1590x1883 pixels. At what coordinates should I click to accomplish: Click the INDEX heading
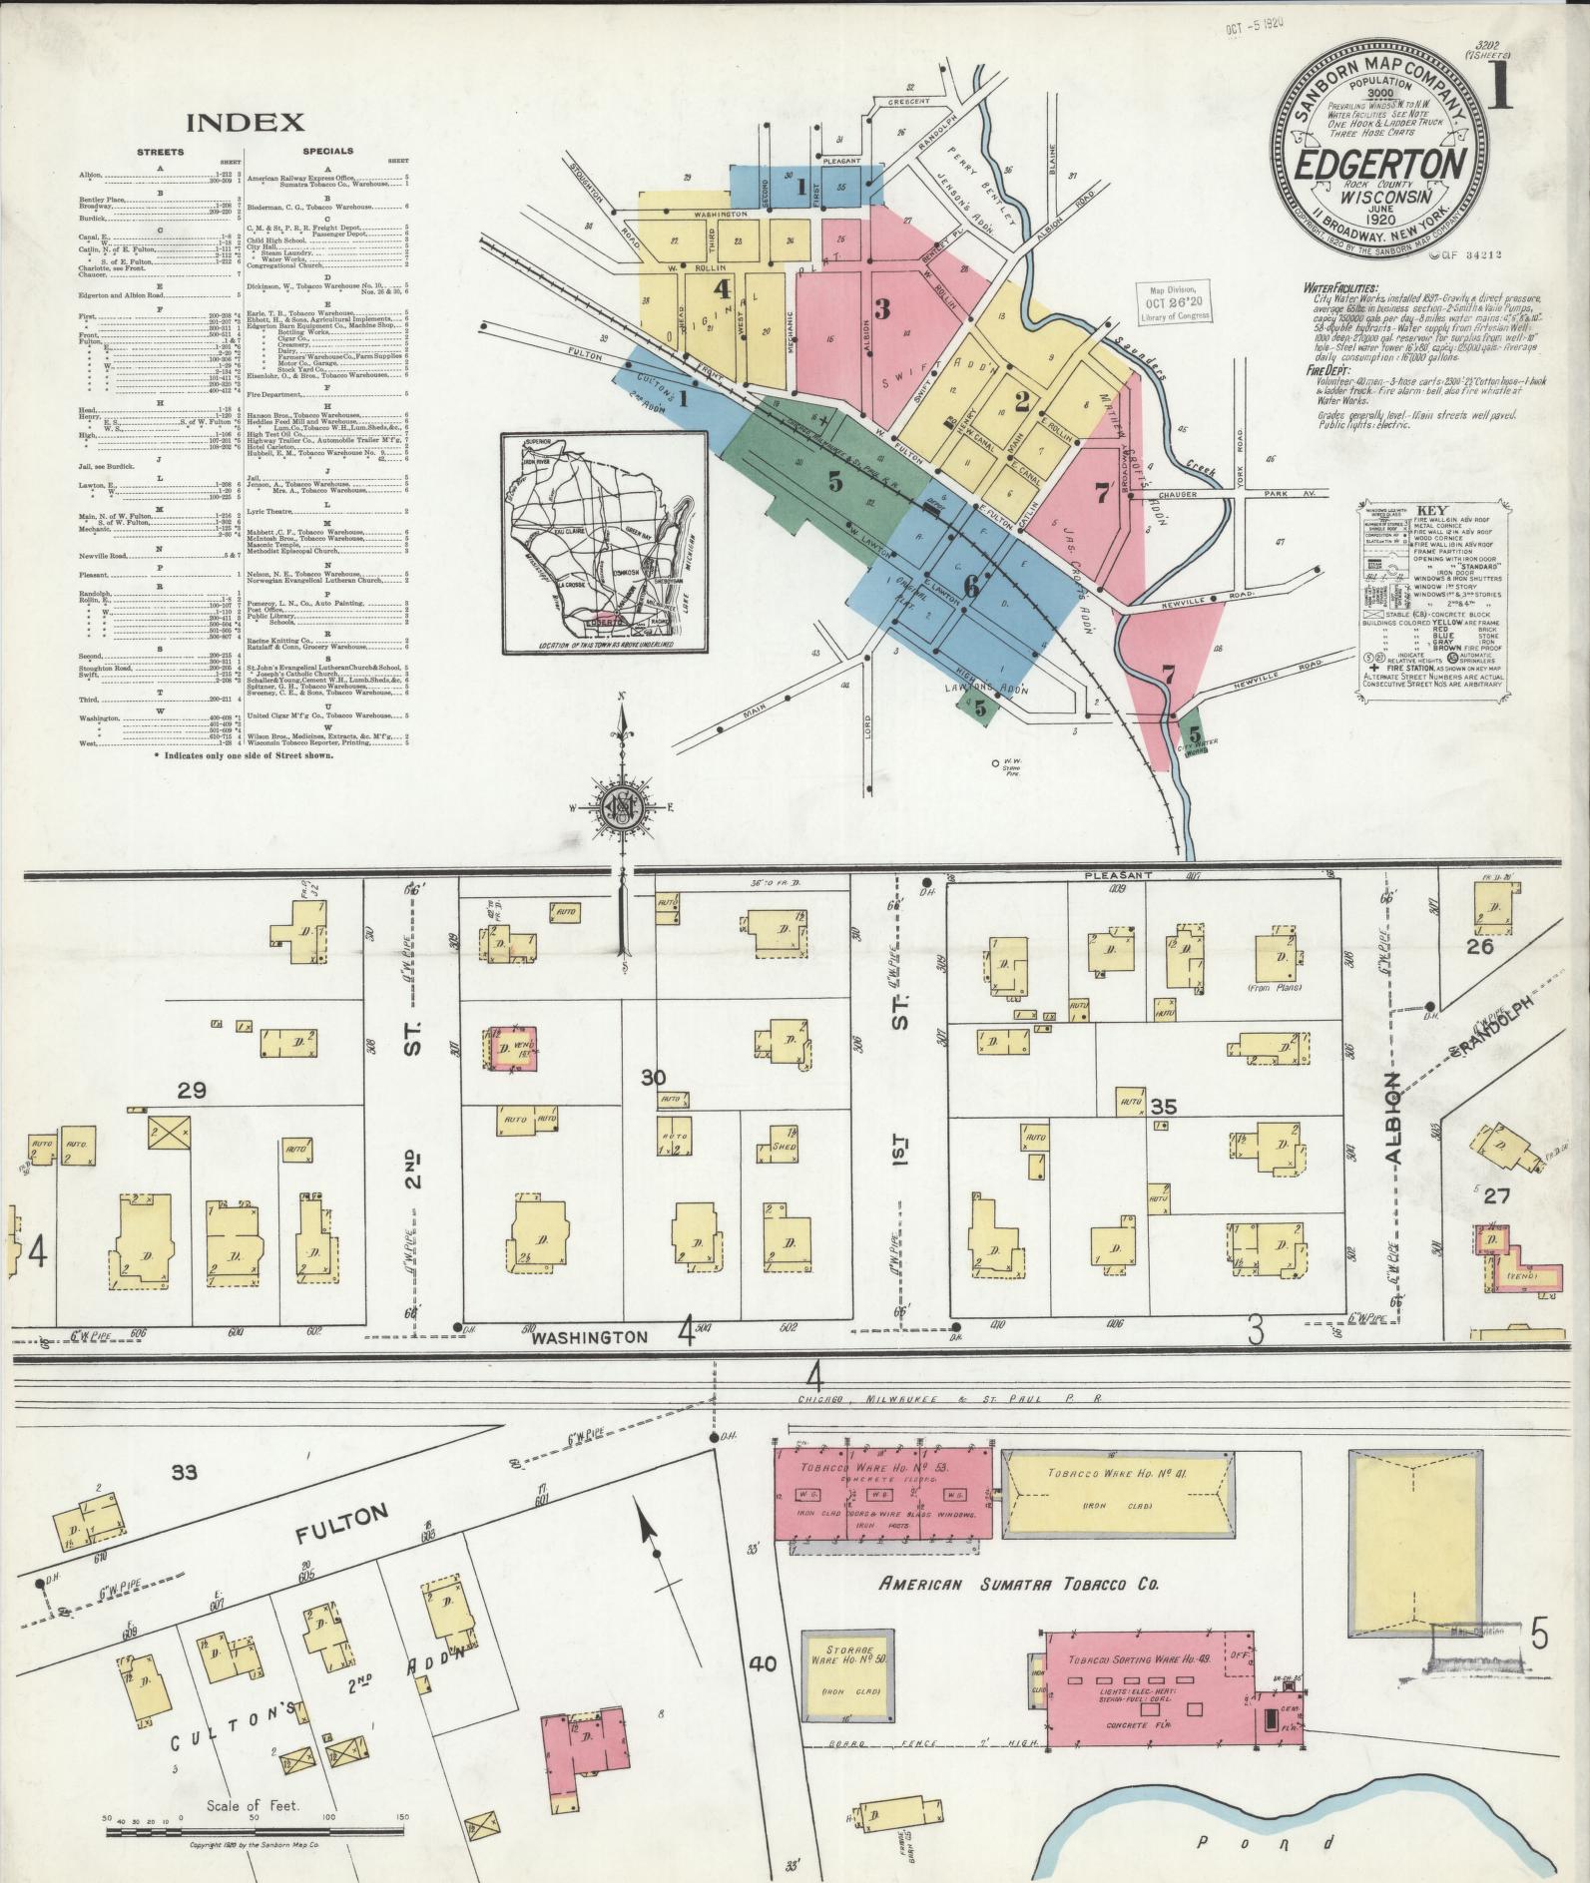245,122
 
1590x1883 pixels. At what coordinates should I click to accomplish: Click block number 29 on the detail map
192,1091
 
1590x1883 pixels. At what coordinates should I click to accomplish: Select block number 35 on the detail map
1163,1107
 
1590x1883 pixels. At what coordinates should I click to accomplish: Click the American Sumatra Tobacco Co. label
1018,1584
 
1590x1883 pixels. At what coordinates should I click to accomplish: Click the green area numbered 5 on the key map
834,481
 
